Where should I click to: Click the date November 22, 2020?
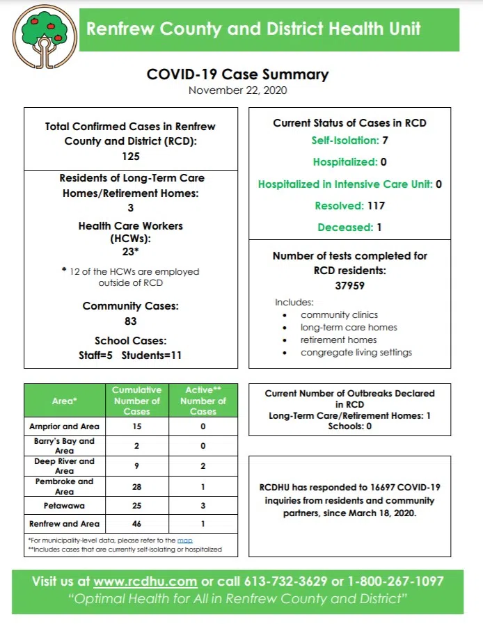237,90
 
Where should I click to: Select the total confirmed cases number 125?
130,157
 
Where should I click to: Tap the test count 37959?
349,285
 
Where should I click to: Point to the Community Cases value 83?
130,321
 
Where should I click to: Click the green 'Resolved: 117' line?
349,206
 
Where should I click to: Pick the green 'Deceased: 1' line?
349,227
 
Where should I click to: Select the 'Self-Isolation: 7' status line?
349,141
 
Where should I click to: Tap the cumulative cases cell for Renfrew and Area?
136,524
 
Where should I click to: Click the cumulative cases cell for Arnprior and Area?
136,426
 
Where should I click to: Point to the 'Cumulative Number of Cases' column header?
136,401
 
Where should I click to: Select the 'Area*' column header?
65,401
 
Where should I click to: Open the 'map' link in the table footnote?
184,540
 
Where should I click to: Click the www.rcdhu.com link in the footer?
145,581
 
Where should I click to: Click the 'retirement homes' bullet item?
338,340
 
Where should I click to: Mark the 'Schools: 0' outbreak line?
349,426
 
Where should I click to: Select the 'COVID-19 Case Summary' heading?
237,74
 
